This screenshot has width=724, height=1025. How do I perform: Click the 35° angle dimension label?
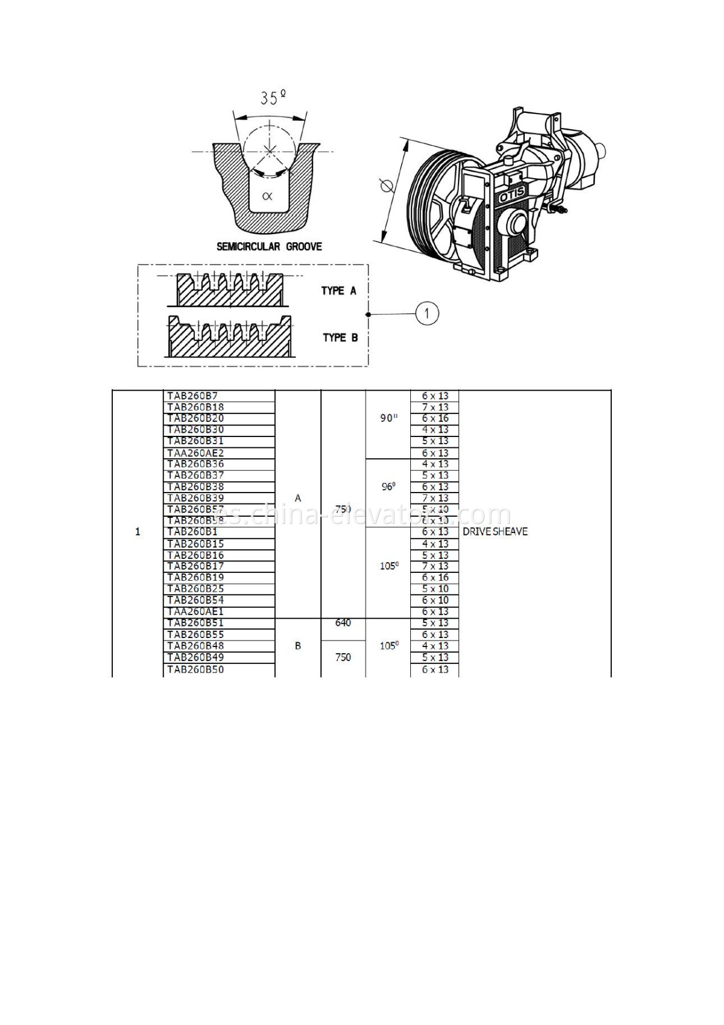pyautogui.click(x=273, y=97)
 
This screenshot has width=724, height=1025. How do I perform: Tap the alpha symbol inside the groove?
pyautogui.click(x=267, y=196)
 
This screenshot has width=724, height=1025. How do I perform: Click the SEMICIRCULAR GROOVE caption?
pyautogui.click(x=269, y=246)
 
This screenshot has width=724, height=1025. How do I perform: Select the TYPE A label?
pyautogui.click(x=338, y=291)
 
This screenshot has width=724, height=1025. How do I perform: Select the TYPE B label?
pyautogui.click(x=340, y=337)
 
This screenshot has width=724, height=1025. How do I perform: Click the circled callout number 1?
pyautogui.click(x=427, y=313)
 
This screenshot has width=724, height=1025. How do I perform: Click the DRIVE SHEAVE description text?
pyautogui.click(x=495, y=532)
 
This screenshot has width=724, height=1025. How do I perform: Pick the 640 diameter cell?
pyautogui.click(x=343, y=623)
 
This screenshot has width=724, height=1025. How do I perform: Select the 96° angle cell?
pyautogui.click(x=388, y=487)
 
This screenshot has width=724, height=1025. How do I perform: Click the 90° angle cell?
pyautogui.click(x=389, y=418)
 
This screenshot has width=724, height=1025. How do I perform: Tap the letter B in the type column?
pyautogui.click(x=297, y=646)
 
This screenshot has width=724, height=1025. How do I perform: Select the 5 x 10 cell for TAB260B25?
pyautogui.click(x=435, y=589)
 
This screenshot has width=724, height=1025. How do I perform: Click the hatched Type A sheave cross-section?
pyautogui.click(x=229, y=293)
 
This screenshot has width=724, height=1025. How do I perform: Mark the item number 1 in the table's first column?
pyautogui.click(x=138, y=532)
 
